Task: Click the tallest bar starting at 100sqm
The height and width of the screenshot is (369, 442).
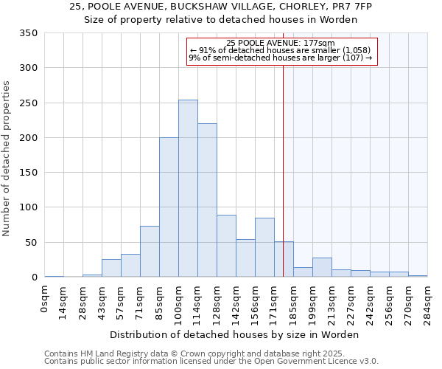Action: [x=188, y=189]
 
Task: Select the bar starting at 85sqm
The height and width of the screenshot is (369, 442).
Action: [x=169, y=207]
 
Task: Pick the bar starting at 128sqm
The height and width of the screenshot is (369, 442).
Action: [x=226, y=246]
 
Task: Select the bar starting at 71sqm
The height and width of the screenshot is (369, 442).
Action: [x=150, y=252]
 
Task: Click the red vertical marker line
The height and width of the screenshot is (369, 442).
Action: [x=283, y=148]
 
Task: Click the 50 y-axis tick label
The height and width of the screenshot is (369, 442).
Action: [x=32, y=243]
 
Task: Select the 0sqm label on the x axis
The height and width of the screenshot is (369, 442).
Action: [x=45, y=298]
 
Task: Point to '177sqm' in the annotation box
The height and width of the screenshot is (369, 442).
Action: [x=319, y=44]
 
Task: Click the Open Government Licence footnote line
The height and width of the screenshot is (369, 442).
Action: [x=211, y=362]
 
